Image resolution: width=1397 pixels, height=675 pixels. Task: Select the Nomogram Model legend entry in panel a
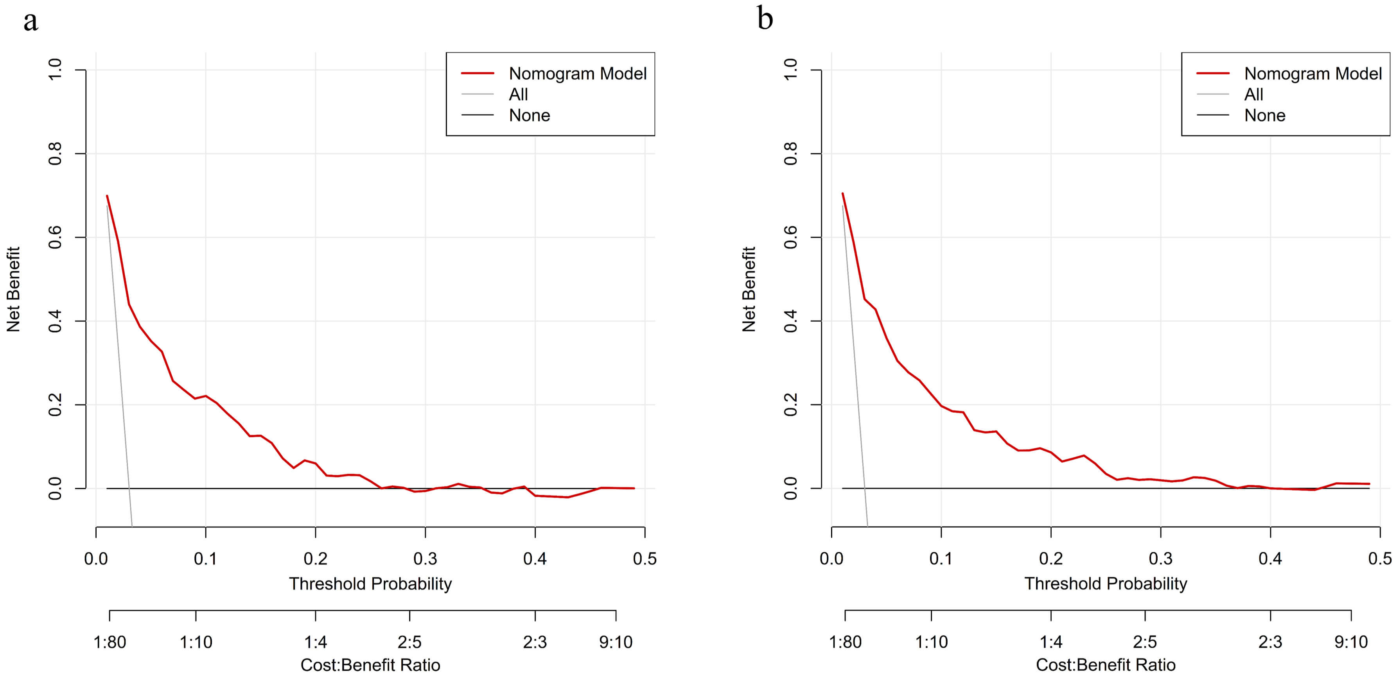pyautogui.click(x=577, y=73)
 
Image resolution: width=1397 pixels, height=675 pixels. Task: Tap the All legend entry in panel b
pyautogui.click(x=1253, y=94)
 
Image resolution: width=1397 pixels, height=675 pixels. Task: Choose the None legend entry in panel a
pyautogui.click(x=529, y=115)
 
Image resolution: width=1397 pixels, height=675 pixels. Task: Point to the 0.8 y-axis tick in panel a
pyautogui.click(x=55, y=154)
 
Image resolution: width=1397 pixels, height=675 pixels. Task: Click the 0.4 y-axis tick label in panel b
pyautogui.click(x=791, y=321)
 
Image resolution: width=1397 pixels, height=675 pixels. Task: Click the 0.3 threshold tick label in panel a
pyautogui.click(x=425, y=559)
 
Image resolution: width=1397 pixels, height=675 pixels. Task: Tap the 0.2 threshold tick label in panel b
pyautogui.click(x=1050, y=559)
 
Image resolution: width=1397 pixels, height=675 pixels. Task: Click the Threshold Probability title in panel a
pyautogui.click(x=370, y=584)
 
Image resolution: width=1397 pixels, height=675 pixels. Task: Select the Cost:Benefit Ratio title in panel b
pyautogui.click(x=1105, y=665)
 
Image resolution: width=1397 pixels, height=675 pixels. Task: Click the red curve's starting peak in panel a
pyautogui.click(x=108, y=196)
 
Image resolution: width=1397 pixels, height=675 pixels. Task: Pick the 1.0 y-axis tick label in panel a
pyautogui.click(x=55, y=70)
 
